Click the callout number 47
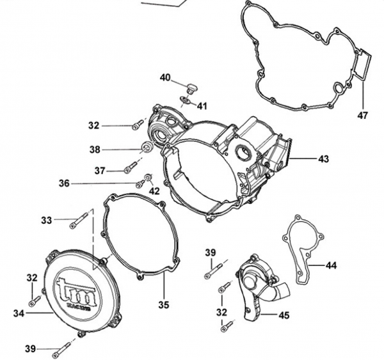[x=363, y=116]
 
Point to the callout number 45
[x=284, y=315]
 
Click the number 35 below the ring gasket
[x=164, y=305]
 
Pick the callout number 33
[x=46, y=220]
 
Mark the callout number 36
[x=64, y=183]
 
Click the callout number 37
[x=100, y=171]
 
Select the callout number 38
[x=95, y=150]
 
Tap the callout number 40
[x=165, y=78]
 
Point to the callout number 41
[x=202, y=106]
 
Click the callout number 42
[x=154, y=191]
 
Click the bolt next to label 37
[x=131, y=168]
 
